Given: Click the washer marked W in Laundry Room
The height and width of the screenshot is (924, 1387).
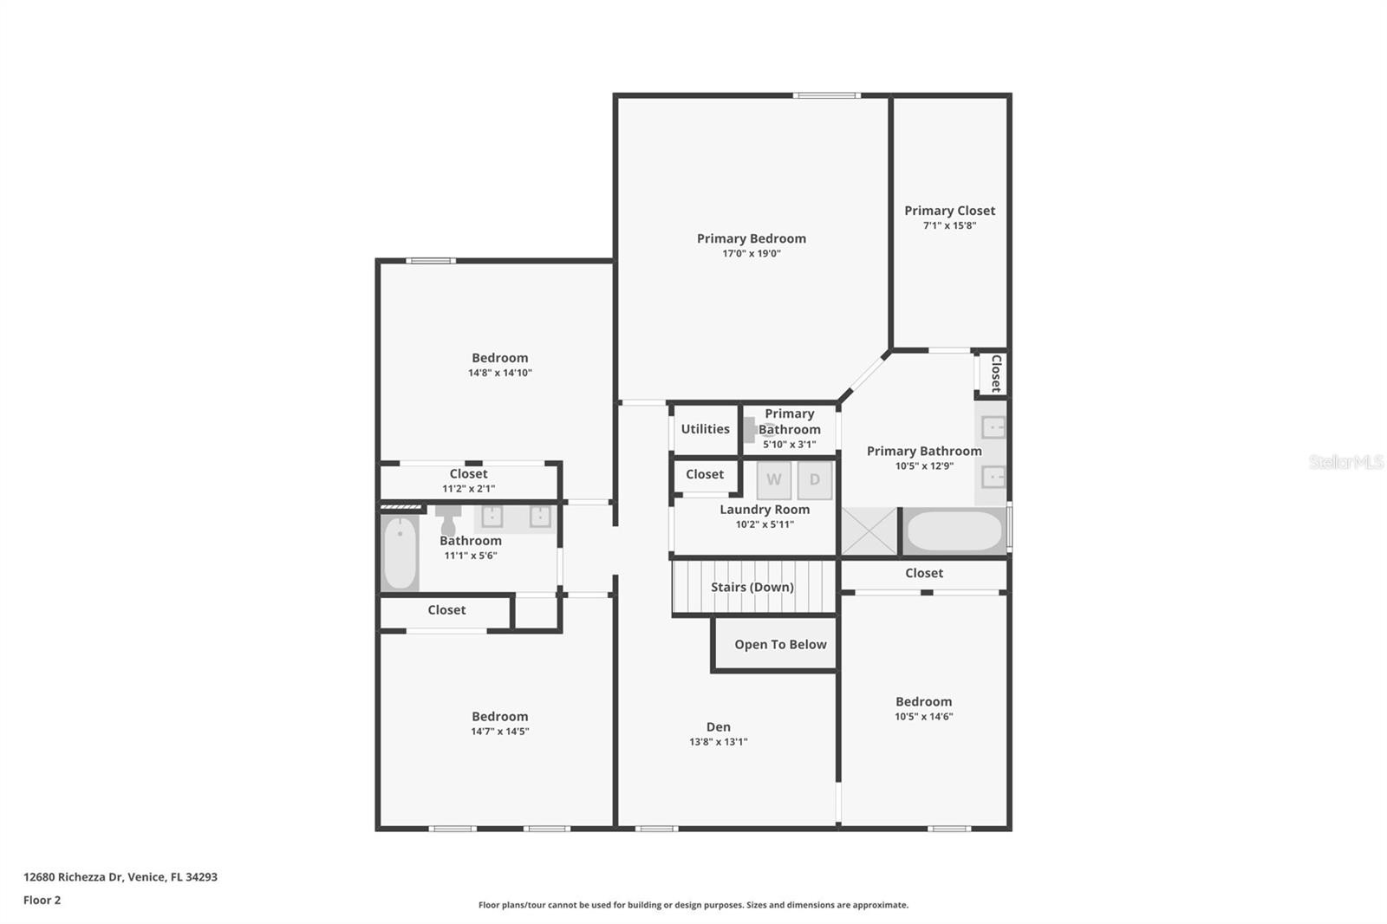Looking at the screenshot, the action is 774,480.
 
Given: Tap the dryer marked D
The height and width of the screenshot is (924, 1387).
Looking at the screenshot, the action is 815,480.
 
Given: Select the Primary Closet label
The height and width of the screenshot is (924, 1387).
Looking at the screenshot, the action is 949,211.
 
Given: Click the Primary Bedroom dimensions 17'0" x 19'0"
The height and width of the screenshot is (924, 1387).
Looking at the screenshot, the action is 751,253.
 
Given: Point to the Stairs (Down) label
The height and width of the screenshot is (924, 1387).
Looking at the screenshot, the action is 752,587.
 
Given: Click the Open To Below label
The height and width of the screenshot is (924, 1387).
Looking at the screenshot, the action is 780,645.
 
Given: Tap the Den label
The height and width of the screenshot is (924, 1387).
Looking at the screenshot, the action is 719,727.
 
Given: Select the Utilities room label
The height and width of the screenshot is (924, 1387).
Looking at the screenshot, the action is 706,429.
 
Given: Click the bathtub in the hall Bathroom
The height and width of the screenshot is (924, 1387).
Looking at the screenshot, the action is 400,553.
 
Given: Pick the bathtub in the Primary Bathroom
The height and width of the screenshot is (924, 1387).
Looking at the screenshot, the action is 954,530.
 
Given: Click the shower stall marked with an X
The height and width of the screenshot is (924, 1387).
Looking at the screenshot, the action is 869,530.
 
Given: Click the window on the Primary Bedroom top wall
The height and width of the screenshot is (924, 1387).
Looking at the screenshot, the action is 827,95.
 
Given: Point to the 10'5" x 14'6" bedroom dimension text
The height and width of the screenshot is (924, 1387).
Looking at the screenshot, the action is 923,717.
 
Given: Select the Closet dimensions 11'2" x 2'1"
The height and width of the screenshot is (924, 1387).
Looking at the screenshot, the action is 468,489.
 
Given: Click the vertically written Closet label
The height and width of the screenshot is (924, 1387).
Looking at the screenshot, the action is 996,374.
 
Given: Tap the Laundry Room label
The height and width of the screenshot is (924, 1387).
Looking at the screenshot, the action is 764,510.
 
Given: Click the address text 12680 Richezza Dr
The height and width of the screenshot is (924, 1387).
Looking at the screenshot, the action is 73,877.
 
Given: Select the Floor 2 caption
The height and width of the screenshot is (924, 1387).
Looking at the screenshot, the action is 42,900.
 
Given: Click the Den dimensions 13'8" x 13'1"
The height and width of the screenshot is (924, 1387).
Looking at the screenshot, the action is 719,742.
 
